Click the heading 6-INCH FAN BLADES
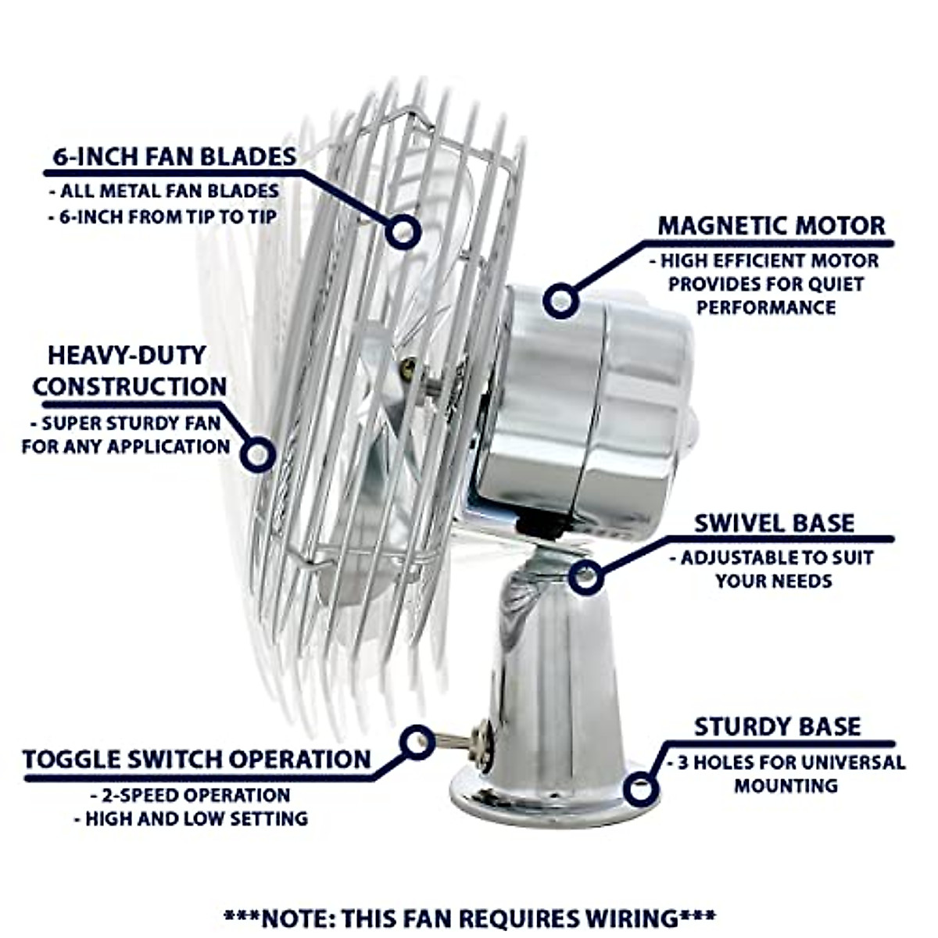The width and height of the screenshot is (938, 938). tap(174, 156)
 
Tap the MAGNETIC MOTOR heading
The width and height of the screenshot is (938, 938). tap(771, 225)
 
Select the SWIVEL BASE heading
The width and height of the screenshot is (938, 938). tap(774, 523)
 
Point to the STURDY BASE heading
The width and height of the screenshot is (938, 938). tap(777, 726)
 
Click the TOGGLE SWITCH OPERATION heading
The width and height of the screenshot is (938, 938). tap(196, 759)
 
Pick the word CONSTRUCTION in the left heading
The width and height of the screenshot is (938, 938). tap(130, 386)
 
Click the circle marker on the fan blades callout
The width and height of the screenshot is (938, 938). tap(403, 232)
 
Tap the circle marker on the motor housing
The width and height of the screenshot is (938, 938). tap(560, 300)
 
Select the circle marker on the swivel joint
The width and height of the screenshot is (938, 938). tap(585, 578)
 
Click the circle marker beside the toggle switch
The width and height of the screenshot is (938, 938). tap(417, 741)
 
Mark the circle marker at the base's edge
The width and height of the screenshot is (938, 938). tap(640, 789)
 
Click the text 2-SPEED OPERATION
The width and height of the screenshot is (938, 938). tap(191, 796)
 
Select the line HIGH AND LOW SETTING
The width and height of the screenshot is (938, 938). tap(191, 819)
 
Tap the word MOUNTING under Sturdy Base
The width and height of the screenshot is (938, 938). tap(786, 786)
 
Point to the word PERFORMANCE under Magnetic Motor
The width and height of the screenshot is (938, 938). tap(766, 307)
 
